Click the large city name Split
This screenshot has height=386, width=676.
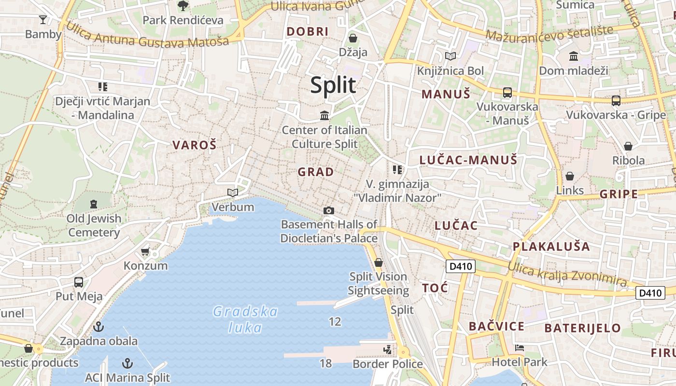point(333,85)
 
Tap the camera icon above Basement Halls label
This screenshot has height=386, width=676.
point(328,210)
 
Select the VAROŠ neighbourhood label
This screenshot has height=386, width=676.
point(195,145)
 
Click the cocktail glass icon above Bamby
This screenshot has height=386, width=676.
point(43,20)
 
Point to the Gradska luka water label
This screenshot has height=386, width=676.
point(245,319)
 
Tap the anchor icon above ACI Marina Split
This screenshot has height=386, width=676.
point(127,363)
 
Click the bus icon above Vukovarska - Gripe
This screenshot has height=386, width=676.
point(616,101)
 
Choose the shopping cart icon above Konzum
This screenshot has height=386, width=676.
point(145,252)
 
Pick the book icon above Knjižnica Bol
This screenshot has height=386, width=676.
point(450,56)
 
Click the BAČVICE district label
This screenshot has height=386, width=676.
point(496,326)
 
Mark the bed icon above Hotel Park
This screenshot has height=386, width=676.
point(519,348)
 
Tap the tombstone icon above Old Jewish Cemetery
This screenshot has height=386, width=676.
point(94,204)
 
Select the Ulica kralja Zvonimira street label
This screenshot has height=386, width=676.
point(567,274)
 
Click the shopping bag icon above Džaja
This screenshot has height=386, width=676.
point(353,38)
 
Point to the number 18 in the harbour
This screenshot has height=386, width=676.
point(326,363)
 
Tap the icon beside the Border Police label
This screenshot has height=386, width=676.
point(387,349)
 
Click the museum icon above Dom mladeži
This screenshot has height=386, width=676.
point(573,56)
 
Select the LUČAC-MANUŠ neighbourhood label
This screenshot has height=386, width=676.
point(468,160)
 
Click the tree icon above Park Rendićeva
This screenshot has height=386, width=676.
point(183,6)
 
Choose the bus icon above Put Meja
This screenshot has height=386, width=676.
point(79,282)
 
